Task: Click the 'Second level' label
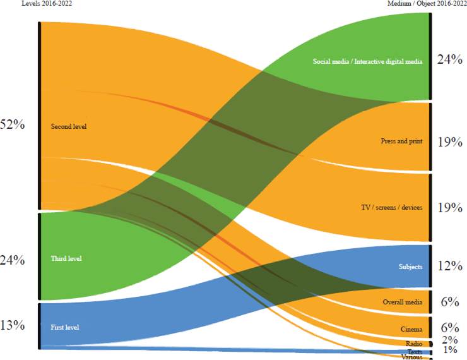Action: click(68, 126)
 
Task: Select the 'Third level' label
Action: click(66, 258)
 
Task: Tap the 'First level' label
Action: click(64, 327)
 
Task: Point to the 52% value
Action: click(13, 124)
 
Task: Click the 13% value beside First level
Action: click(13, 325)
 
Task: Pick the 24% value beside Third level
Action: click(13, 260)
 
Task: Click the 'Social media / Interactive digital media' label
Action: click(367, 61)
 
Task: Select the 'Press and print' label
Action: click(402, 141)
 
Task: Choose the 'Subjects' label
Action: click(410, 267)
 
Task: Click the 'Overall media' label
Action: click(403, 303)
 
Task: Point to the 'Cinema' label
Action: click(411, 329)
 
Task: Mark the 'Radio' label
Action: click(414, 344)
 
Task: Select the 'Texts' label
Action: click(415, 351)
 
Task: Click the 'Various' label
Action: click(411, 357)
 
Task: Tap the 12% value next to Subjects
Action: click(449, 266)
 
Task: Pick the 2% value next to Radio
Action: click(449, 340)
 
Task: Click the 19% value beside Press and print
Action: click(449, 141)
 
